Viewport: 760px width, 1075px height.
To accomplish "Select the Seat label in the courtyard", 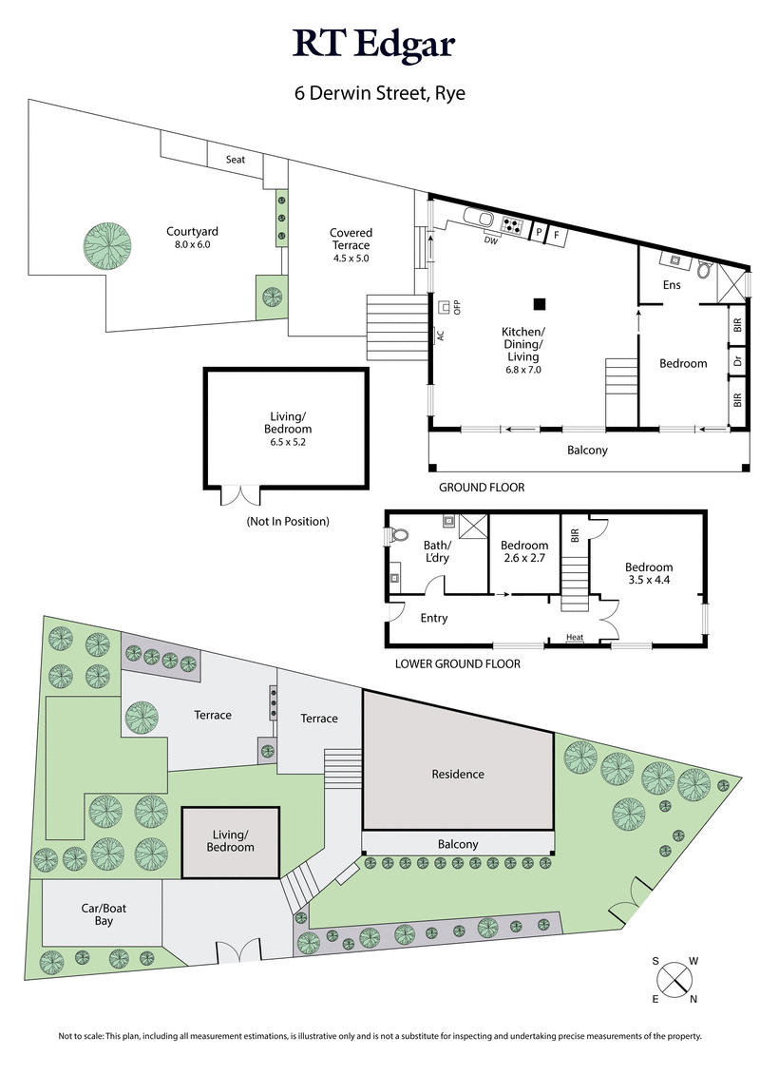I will tap(236, 160).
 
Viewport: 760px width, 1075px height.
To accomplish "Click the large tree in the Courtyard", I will tap(105, 246).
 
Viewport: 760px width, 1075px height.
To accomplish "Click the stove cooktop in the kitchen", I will tap(513, 226).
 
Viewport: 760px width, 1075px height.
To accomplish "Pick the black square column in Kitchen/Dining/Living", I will tap(540, 304).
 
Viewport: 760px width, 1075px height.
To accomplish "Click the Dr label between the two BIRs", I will tap(737, 361).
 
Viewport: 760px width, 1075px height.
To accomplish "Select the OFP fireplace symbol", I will tap(445, 307).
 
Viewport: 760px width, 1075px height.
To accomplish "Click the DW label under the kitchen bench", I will tap(491, 240).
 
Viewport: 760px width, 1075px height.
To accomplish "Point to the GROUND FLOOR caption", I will tap(482, 488).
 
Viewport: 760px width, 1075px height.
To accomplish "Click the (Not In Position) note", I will tap(288, 521).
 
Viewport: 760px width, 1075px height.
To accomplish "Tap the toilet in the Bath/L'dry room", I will tap(400, 536).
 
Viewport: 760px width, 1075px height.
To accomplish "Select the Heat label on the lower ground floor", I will tap(575, 638).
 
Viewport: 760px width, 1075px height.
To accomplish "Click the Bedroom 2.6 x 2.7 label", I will tap(524, 551).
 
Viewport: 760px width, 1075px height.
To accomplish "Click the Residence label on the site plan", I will tap(458, 774).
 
